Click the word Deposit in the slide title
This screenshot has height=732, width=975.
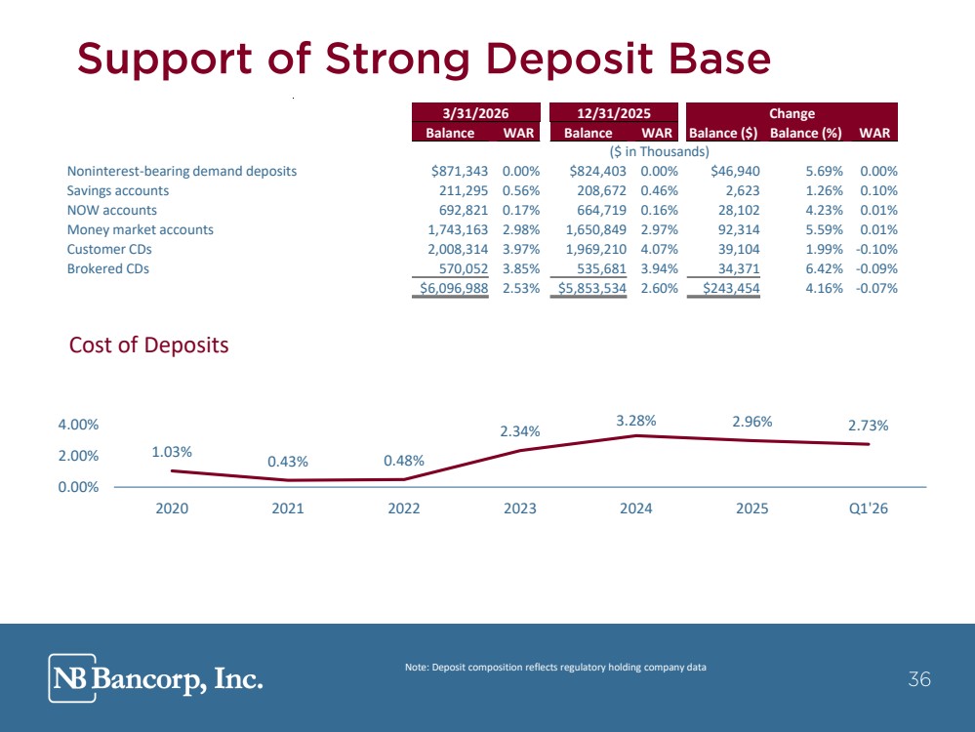pyautogui.click(x=568, y=60)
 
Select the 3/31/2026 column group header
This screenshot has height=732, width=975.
pyautogui.click(x=475, y=112)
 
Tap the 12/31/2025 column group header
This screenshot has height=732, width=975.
pyautogui.click(x=614, y=112)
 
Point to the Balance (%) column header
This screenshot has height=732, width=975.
pyautogui.click(x=806, y=133)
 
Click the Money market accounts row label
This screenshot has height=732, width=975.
pyautogui.click(x=140, y=229)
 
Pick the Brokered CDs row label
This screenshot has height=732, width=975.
pyautogui.click(x=108, y=268)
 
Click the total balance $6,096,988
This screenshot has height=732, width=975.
pyautogui.click(x=454, y=289)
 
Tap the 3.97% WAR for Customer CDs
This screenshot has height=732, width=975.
pyautogui.click(x=521, y=250)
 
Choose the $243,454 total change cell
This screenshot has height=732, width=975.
pyautogui.click(x=731, y=289)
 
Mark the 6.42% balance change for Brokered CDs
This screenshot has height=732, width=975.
pyautogui.click(x=824, y=268)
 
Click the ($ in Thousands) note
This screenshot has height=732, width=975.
pyautogui.click(x=659, y=151)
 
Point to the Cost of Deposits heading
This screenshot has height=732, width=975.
pyautogui.click(x=148, y=346)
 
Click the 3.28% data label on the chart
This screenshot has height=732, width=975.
pyautogui.click(x=636, y=421)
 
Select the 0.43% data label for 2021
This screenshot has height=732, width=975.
pyautogui.click(x=288, y=462)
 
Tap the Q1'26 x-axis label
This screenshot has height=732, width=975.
pyautogui.click(x=869, y=508)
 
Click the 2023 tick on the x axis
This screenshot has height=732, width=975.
pyautogui.click(x=520, y=508)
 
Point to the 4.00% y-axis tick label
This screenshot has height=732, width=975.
pyautogui.click(x=78, y=425)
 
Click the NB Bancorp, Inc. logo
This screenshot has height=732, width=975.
pyautogui.click(x=155, y=678)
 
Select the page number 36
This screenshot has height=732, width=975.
pyautogui.click(x=919, y=679)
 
